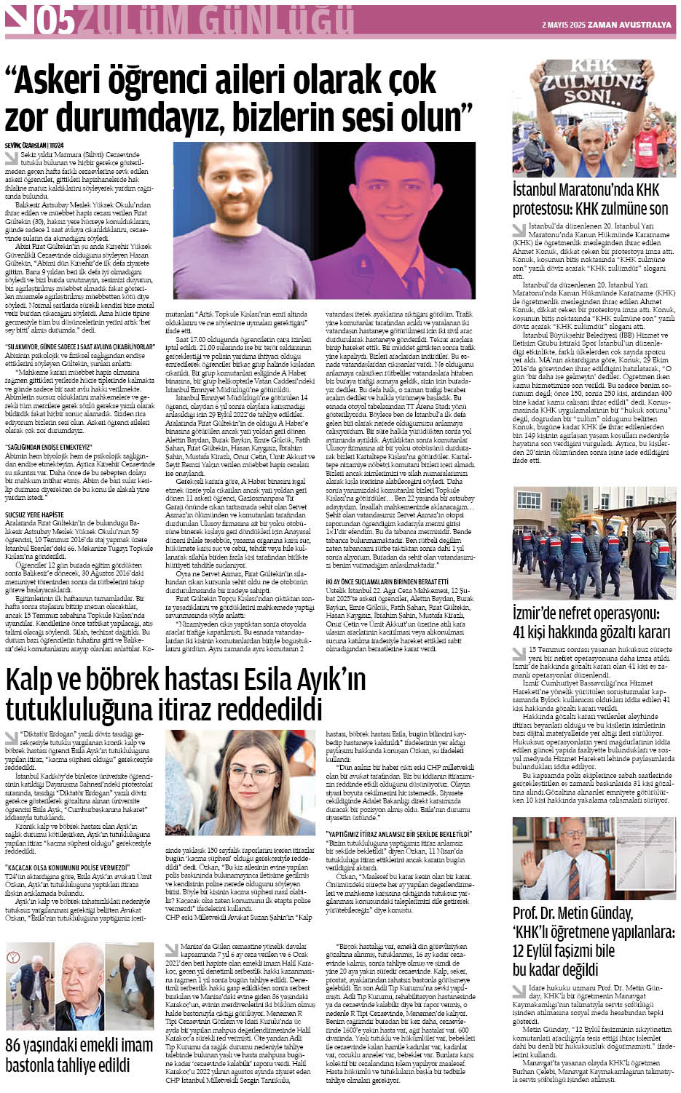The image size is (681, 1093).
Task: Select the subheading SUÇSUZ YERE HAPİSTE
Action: [34, 514]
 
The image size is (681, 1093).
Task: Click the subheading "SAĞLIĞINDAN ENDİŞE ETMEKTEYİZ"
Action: [50, 447]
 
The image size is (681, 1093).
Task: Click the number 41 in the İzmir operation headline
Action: [525, 632]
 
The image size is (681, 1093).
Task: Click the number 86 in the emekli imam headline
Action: [15, 1046]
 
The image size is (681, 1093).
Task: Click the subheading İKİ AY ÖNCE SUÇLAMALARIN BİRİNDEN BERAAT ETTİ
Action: [386, 581]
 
